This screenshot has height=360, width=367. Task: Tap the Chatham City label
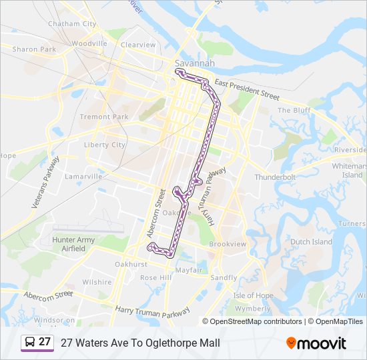(72, 24)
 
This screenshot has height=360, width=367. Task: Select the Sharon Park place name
(34, 49)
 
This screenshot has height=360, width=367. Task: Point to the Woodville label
(89, 44)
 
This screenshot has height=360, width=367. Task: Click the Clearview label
(138, 45)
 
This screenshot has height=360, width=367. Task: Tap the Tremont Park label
(103, 117)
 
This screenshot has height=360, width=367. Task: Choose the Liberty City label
(105, 145)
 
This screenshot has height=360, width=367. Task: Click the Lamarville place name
(83, 177)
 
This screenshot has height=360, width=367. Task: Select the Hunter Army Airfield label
(73, 244)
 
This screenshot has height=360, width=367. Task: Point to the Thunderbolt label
(274, 177)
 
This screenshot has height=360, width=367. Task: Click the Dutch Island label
(311, 242)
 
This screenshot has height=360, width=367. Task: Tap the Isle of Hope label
(253, 295)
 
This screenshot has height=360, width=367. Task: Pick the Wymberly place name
(253, 309)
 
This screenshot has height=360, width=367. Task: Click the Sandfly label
(224, 277)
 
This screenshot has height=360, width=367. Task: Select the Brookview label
(228, 245)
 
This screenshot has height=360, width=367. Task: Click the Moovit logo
(316, 343)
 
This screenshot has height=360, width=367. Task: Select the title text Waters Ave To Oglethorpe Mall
(140, 343)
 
